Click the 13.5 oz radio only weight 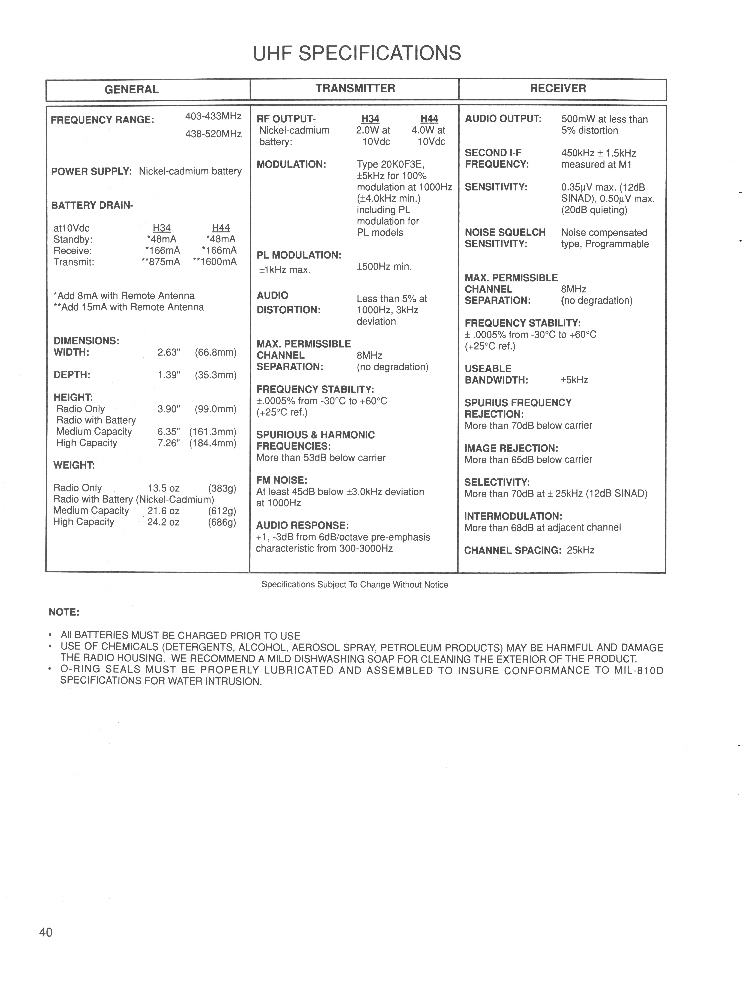[164, 488]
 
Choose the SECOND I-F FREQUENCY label [497, 159]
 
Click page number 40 [46, 933]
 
